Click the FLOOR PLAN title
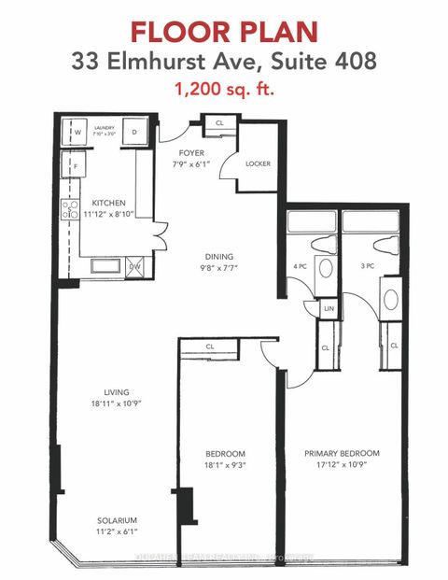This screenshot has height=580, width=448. (x=224, y=30)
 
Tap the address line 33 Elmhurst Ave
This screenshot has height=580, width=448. (x=224, y=64)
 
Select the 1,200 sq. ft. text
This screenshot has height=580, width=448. (x=224, y=92)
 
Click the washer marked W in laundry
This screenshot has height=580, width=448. (x=75, y=132)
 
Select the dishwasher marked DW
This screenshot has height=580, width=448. (x=134, y=267)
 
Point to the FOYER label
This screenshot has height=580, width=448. (x=191, y=153)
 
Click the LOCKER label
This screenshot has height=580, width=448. (x=258, y=163)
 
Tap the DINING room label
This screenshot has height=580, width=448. (x=220, y=257)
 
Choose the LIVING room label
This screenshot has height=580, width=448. (x=117, y=391)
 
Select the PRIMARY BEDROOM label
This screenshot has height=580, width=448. (x=342, y=453)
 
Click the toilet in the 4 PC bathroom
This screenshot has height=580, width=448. (x=325, y=245)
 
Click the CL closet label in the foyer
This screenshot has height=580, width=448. (x=219, y=122)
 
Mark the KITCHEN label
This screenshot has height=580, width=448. (x=108, y=203)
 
